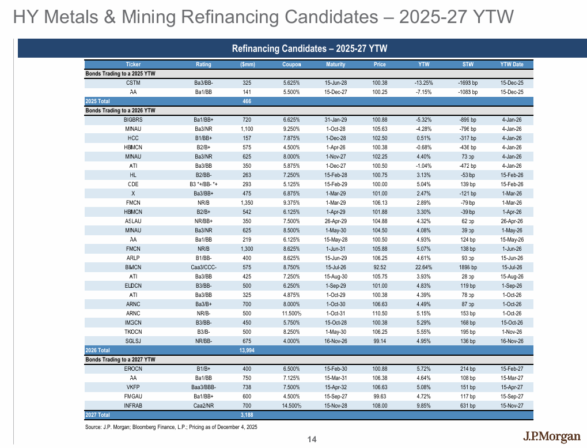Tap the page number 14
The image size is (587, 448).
pyautogui.click(x=312, y=440)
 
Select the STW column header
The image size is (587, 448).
pyautogui.click(x=467, y=65)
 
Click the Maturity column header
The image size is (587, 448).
pyautogui.click(x=335, y=65)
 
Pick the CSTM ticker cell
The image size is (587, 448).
pyautogui.click(x=133, y=83)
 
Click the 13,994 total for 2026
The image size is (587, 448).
pyautogui.click(x=247, y=350)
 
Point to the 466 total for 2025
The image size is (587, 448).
pyautogui.click(x=247, y=101)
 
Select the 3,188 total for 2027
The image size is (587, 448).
pyautogui.click(x=247, y=415)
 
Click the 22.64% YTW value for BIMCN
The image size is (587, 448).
pyautogui.click(x=427, y=268)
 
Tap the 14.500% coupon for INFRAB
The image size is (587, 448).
pyautogui.click(x=291, y=405)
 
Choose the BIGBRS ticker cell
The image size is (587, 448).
pyautogui.click(x=133, y=119)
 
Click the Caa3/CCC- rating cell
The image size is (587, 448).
pyautogui.click(x=203, y=268)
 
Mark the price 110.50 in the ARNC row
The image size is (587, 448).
pyautogui.click(x=379, y=313)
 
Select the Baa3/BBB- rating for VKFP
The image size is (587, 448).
pyautogui.click(x=203, y=387)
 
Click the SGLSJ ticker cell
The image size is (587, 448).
pyautogui.click(x=133, y=341)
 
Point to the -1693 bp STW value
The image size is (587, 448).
pyautogui.click(x=467, y=83)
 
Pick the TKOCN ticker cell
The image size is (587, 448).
pyautogui.click(x=133, y=332)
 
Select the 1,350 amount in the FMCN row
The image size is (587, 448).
pyautogui.click(x=247, y=202)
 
